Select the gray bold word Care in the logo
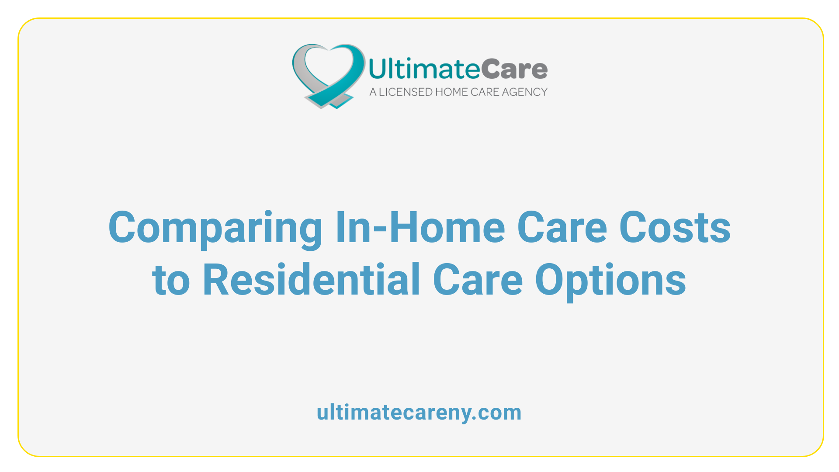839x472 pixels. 514,69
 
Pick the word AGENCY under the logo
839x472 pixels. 524,92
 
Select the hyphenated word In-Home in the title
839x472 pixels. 420,227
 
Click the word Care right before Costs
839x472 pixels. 562,227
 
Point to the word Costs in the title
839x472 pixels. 675,227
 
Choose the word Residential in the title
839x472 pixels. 312,279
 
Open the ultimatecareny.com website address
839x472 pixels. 419,413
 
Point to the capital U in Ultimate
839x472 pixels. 378,69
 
